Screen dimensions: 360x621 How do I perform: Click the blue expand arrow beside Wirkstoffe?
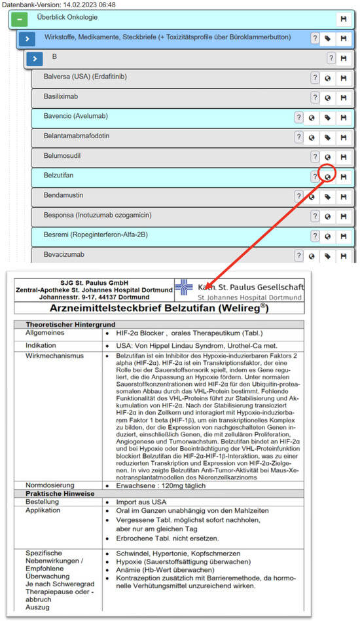coord(27,39)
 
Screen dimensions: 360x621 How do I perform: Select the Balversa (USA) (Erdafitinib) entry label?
coord(85,77)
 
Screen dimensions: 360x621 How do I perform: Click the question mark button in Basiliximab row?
coord(315,98)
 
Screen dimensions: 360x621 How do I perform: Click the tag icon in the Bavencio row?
coord(328,118)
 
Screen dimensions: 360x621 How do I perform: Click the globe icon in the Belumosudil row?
coord(329,158)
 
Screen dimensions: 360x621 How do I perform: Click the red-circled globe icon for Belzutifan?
coord(329,177)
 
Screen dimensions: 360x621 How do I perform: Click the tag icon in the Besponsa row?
coord(328,217)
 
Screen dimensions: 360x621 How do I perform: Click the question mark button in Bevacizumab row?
coord(298,256)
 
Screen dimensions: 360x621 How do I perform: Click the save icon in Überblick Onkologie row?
coord(342,20)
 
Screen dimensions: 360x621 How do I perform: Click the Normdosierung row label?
coord(49,485)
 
